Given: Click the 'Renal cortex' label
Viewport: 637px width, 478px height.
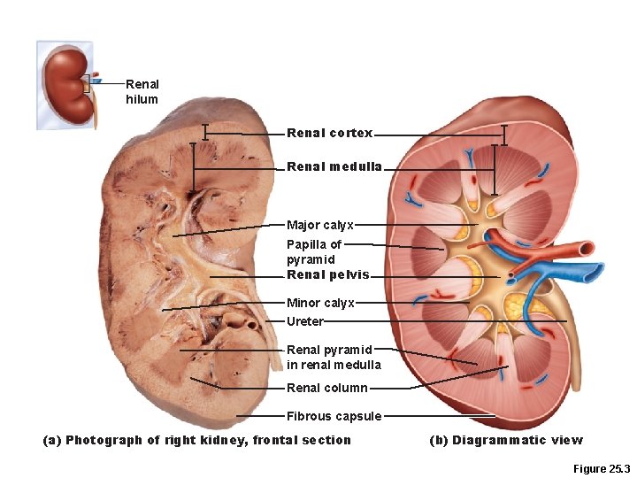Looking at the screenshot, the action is coord(329,134).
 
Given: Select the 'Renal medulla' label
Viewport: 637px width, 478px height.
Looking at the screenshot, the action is coord(334,166).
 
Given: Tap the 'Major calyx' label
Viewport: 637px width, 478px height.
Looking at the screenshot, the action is coord(319,225).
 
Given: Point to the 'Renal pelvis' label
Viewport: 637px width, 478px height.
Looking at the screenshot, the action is coord(327,274).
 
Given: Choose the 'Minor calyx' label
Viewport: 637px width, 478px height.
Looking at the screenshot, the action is coord(319,303).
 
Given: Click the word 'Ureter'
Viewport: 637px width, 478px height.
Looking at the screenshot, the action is coord(304,321).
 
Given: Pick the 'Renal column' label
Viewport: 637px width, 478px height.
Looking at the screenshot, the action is coord(326,388).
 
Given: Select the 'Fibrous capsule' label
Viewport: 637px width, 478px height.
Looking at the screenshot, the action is coord(334,416).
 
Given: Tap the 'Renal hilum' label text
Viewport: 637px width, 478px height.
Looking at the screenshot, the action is coord(142,92).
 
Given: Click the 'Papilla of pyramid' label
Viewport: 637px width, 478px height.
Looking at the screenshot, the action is coord(313,251).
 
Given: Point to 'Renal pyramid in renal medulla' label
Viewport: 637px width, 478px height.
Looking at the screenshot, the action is coord(333,358).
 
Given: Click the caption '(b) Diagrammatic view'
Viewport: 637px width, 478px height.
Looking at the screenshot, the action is coord(505,440).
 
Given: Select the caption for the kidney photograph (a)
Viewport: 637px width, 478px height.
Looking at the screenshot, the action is coord(196,440).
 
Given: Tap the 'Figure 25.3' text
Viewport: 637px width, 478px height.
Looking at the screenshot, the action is coord(601,468).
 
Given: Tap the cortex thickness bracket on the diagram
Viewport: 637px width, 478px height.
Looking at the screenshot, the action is coord(503,134).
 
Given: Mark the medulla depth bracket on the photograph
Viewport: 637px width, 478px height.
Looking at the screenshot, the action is coord(194,166).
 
